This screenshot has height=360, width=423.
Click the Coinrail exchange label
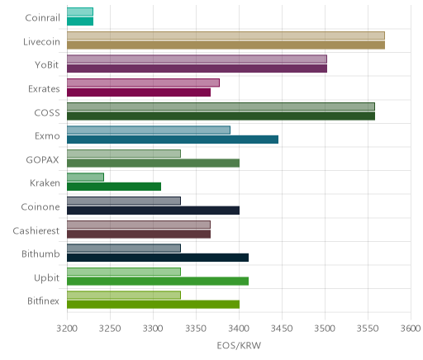coord(42,18)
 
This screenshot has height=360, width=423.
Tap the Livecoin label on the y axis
coord(41,42)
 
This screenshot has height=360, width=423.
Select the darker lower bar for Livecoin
coord(226,45)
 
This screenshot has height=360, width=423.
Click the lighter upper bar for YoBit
coord(197,59)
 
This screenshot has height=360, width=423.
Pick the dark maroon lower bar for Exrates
coord(139,92)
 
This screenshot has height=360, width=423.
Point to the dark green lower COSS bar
coord(221,116)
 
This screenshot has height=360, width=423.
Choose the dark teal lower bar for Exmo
coord(173,140)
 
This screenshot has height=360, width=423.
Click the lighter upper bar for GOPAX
coord(124,154)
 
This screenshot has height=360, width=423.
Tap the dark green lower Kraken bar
coord(114,187)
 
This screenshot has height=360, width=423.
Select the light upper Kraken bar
coord(85,177)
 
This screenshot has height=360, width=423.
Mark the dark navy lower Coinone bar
coord(153,211)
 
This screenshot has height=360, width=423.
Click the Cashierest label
coord(36,231)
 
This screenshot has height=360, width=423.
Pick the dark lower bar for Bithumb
coord(158,258)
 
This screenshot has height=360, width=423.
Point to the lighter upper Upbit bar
coord(124,272)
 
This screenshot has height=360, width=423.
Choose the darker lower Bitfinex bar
coord(153,305)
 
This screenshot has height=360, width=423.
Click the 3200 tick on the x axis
coord(67,329)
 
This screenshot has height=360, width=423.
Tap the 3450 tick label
coord(282,329)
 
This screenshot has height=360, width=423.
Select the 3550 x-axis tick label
coord(368,329)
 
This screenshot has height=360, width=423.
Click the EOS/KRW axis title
coord(239,346)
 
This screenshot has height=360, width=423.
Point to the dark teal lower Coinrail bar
coord(80,21)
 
